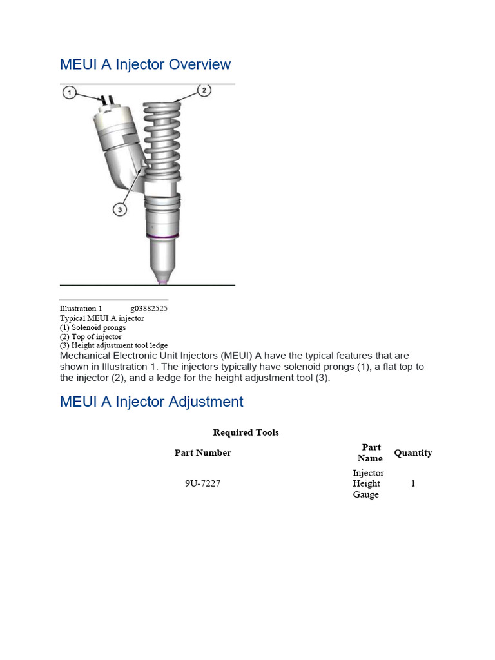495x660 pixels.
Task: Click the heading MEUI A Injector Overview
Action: click(x=145, y=64)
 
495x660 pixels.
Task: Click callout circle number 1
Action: click(x=70, y=93)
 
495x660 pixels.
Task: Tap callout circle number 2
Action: click(x=204, y=90)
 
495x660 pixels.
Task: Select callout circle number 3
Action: click(x=120, y=209)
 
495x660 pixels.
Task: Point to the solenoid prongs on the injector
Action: click(x=106, y=101)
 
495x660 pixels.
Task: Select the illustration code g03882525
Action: click(x=149, y=309)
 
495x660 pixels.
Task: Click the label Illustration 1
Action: click(x=81, y=309)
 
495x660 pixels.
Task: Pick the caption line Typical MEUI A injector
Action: click(x=102, y=318)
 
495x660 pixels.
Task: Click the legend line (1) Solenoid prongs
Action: click(x=93, y=327)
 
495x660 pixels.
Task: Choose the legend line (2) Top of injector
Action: click(x=90, y=336)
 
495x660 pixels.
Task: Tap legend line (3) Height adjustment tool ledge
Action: click(x=113, y=345)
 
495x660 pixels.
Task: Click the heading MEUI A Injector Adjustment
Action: click(x=151, y=402)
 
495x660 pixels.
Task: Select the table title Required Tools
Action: click(x=246, y=432)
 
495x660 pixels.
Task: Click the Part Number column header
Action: click(x=202, y=452)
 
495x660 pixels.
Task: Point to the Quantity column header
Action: click(x=412, y=452)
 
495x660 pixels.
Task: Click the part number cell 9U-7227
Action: click(x=202, y=483)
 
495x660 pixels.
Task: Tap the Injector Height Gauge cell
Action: click(x=367, y=483)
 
